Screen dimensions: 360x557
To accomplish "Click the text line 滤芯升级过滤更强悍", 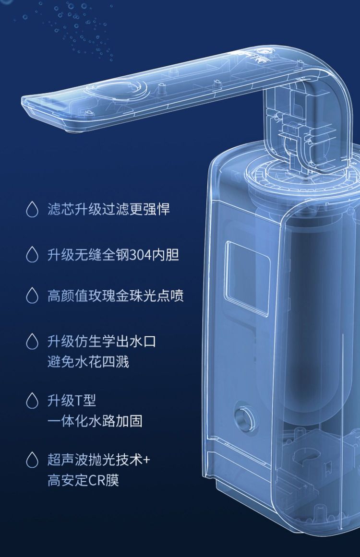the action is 109,209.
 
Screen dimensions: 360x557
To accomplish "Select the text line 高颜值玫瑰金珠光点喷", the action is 116,296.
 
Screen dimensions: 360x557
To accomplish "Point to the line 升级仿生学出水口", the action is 102,342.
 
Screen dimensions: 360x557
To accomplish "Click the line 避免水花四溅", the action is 88,362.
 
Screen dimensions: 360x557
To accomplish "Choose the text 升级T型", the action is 72,401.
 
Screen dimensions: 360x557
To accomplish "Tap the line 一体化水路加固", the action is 95,421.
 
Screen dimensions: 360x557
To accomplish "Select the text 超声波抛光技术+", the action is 99,460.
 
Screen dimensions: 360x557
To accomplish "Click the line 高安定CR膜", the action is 83,480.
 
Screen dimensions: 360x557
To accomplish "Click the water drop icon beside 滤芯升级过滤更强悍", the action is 32,209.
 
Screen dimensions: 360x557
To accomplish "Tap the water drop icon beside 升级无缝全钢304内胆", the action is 32,255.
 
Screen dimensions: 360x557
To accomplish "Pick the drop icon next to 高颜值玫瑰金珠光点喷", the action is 32,296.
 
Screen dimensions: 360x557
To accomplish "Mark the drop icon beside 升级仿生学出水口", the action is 32,342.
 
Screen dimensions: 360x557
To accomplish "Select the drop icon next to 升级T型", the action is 32,401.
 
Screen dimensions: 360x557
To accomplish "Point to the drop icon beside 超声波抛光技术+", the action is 32,460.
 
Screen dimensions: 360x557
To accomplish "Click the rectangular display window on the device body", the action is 247,278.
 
